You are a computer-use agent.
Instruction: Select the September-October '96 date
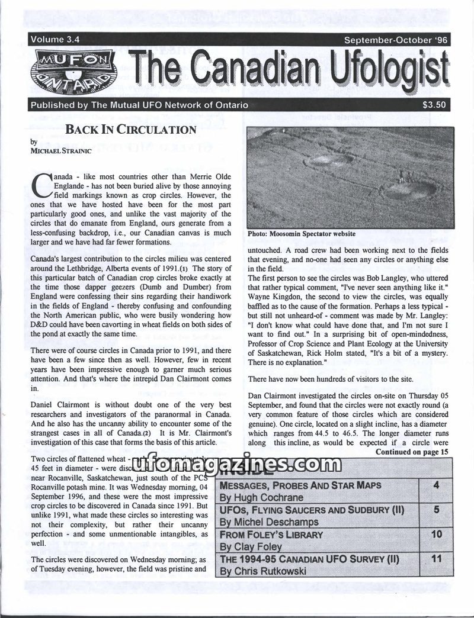coord(393,41)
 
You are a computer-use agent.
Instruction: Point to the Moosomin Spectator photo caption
coord(302,234)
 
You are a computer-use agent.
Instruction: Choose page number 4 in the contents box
coord(435,486)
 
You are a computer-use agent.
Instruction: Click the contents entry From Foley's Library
coord(271,535)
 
